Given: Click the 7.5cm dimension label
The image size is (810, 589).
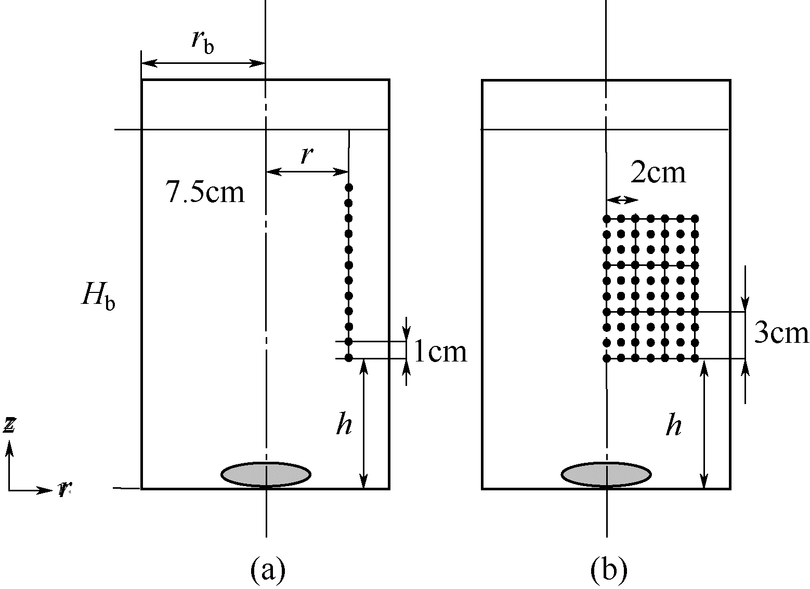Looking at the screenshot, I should coord(205,192).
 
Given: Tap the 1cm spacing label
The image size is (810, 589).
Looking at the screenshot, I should coord(440,353).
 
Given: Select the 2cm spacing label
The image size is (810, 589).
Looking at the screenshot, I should coord(658,173).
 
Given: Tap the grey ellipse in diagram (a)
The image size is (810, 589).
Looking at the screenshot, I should coord(266,474).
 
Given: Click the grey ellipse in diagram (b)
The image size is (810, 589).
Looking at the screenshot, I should coord(606,474).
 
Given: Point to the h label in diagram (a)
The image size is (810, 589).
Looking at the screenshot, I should coord(344,424).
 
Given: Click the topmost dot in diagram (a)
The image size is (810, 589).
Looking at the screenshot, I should coord(349,187).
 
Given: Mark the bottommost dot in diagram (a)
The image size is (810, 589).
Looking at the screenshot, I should coord(349,358).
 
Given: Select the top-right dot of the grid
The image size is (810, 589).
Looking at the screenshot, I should coord(695,219).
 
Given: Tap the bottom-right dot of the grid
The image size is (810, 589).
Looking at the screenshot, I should coord(695,358).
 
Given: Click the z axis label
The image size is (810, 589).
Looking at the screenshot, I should coord(9,425).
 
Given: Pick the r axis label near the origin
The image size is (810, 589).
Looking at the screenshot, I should coord(63,489).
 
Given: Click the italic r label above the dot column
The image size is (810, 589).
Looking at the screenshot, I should coord(308,155).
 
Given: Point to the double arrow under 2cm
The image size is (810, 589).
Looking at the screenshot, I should coord(622,200).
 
